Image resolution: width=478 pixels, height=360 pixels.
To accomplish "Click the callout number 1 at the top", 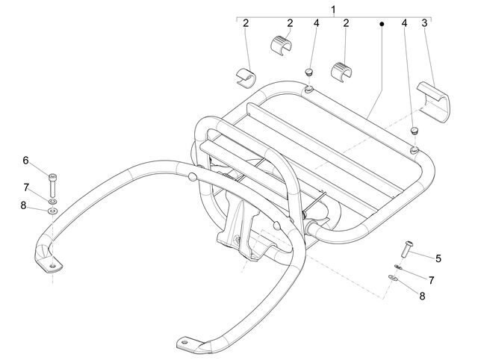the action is click(333, 10).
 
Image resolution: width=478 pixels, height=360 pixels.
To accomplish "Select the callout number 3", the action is click(424, 23).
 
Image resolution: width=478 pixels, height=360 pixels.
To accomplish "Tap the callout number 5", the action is click(438, 258).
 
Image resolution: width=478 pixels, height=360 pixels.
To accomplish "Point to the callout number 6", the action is click(25, 161).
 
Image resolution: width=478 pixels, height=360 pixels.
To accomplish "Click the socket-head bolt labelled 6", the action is click(53, 185).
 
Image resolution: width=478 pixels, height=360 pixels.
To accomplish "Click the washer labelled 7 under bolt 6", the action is click(52, 202).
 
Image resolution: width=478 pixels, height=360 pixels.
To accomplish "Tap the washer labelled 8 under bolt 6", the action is click(53, 211).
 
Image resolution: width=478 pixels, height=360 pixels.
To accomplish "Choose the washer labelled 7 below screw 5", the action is click(398, 267).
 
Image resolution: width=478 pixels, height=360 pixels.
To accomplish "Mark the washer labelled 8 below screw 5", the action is click(393, 278).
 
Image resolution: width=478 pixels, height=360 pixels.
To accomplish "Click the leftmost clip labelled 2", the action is click(246, 78).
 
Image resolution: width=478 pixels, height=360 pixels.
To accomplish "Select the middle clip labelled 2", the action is click(281, 44).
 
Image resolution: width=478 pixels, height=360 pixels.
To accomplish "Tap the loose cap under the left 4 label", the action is click(309, 72).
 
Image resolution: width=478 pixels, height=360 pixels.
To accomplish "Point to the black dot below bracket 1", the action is click(382, 23).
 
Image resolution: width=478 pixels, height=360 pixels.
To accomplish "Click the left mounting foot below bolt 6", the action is click(49, 259).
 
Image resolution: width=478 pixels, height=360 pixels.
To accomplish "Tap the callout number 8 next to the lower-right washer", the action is click(422, 296).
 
